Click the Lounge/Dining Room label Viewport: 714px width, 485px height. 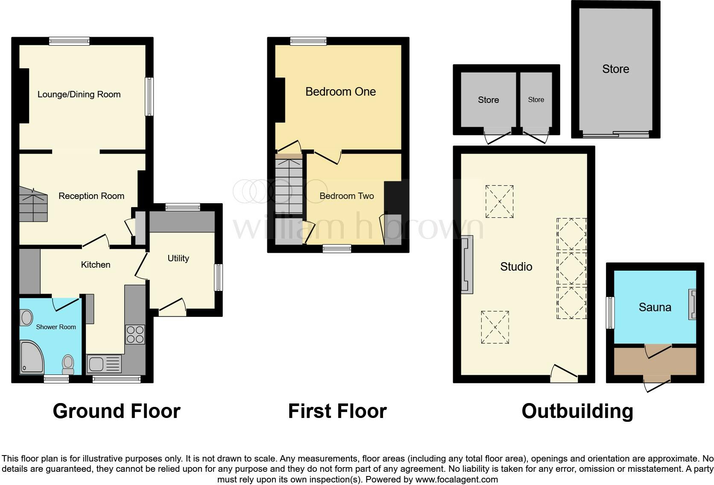[79, 94]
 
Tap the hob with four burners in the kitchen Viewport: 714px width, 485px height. [135, 335]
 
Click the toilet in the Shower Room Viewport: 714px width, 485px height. [68, 363]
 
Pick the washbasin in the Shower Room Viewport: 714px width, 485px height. [26, 318]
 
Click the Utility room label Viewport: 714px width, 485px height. [178, 258]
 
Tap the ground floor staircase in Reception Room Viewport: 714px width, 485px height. [33, 205]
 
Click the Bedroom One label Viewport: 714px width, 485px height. [340, 92]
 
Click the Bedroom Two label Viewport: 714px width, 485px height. [346, 196]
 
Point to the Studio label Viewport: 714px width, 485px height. [516, 267]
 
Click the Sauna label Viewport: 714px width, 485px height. [655, 307]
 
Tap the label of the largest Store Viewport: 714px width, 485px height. [615, 69]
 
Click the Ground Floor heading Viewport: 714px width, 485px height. [116, 411]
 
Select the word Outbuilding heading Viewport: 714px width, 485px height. [577, 411]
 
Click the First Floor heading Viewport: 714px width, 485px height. [337, 411]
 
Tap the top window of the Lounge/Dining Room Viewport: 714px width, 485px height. [69, 41]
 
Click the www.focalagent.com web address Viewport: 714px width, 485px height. [456, 479]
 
